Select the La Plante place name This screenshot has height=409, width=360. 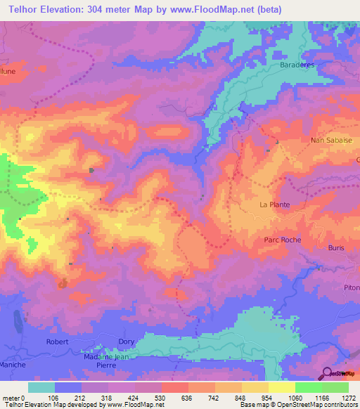(x=275, y=205)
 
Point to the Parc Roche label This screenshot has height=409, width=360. (x=283, y=240)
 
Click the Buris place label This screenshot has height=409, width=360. (x=337, y=248)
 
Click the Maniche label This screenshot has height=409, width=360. (x=13, y=365)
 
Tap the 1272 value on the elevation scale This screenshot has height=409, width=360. (x=348, y=397)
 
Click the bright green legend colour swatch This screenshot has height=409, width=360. (x=308, y=387)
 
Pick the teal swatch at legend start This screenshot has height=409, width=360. (x=41, y=387)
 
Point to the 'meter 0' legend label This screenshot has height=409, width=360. (x=15, y=397)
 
